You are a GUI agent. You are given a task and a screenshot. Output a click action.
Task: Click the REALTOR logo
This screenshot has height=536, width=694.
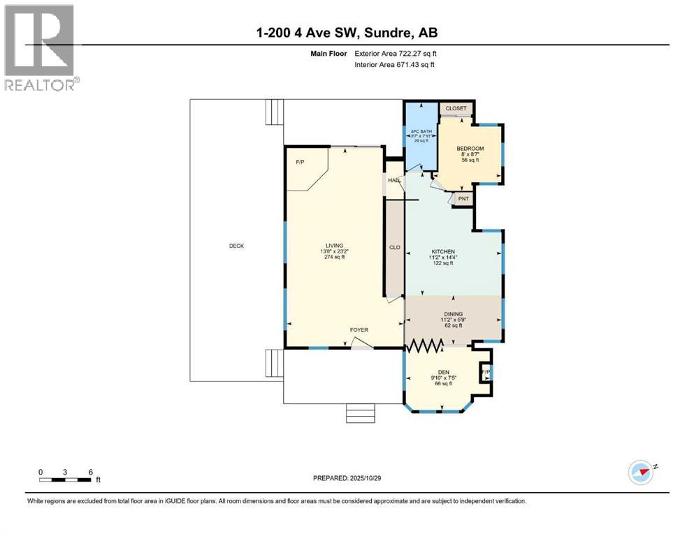point(41,47)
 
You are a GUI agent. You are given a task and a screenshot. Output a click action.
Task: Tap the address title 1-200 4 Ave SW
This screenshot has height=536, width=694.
point(347,32)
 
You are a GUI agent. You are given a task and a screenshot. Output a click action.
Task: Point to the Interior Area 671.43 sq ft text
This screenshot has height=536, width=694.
point(394,65)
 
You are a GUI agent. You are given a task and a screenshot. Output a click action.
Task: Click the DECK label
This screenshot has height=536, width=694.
point(236,246)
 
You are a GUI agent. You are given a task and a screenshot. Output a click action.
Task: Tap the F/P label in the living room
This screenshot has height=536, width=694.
point(300,162)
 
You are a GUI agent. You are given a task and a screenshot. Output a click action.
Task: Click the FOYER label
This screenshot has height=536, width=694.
point(359,330)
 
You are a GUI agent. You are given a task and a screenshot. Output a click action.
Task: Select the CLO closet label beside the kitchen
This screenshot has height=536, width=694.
point(394,246)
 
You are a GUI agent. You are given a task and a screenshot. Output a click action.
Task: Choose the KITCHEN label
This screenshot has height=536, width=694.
point(443,251)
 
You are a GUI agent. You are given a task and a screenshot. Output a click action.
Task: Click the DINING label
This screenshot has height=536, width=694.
point(452,314)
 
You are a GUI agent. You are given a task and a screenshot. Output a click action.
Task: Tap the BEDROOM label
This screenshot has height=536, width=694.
point(470,149)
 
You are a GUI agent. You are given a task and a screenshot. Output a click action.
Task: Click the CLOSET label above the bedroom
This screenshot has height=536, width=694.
point(456,108)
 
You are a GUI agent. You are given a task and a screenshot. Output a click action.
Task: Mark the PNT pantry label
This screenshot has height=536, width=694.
point(463,199)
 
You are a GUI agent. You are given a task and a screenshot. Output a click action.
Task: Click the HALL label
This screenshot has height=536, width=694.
point(394,180)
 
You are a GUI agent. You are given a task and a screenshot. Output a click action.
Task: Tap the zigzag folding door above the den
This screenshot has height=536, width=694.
point(426,345)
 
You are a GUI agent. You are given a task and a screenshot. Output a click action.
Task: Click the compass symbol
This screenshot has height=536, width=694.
point(640,472)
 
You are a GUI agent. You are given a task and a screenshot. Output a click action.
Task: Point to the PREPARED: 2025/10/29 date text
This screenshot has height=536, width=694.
point(347,478)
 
